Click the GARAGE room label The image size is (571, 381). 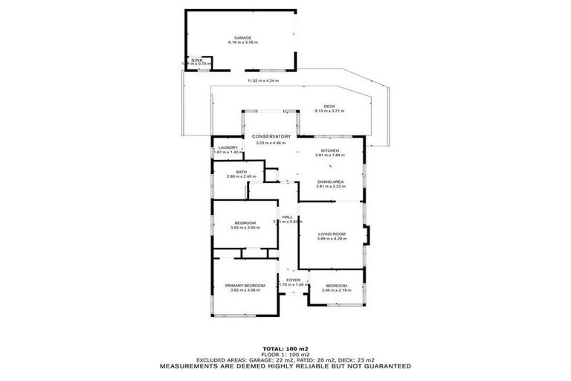tap(242, 37)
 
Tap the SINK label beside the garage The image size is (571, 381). tap(196, 60)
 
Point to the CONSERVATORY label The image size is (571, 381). tap(270, 136)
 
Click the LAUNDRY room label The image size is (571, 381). tap(228, 147)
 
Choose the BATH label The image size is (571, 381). tap(241, 172)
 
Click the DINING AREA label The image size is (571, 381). tap(329, 182)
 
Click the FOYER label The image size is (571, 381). tap(292, 280)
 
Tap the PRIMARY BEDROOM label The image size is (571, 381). tap(246, 285)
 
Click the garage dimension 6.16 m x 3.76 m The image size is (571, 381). tap(242, 43)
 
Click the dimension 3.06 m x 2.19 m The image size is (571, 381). tap(335, 291)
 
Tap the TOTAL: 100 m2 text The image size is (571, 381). tap(285, 348)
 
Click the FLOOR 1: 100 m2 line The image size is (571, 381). tap(285, 353)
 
